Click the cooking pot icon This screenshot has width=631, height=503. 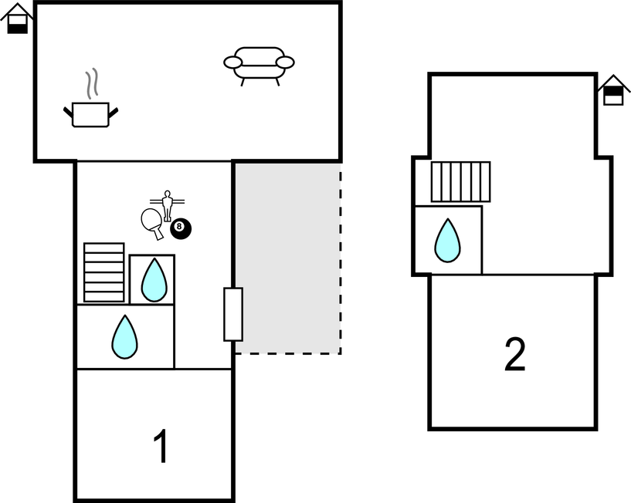[x=90, y=114]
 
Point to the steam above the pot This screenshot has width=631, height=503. [x=92, y=83]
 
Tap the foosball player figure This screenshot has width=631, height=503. [x=167, y=204]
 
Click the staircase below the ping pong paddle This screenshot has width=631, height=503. [x=103, y=272]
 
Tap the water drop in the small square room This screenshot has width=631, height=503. [x=154, y=279]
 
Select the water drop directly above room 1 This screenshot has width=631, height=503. [x=124, y=337]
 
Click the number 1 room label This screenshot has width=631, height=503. [x=161, y=447]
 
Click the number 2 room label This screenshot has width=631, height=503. [x=514, y=354]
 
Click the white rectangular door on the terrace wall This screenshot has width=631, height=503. [x=233, y=314]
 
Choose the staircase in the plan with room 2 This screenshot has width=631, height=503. [x=460, y=181]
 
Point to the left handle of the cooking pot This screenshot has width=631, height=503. [x=68, y=113]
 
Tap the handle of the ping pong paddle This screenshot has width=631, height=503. [x=159, y=233]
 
